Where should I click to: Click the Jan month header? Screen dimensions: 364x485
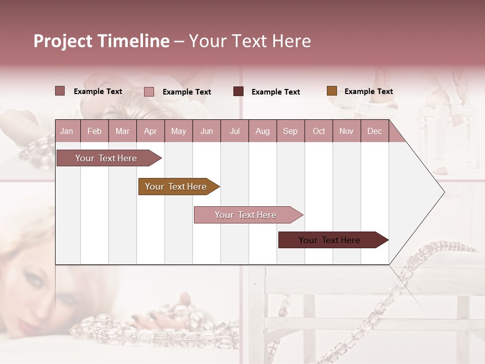point(67,131)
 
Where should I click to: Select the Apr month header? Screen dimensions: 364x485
point(150,131)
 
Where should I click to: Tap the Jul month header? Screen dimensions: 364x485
point(234,131)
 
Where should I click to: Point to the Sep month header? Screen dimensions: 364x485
point(290,131)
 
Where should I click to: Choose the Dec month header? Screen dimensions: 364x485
point(374,131)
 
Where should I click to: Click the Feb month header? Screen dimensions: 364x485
point(94,131)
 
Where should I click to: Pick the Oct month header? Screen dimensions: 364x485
point(319,131)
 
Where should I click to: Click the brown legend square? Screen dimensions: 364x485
point(332,91)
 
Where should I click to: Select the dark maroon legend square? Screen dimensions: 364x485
point(238,91)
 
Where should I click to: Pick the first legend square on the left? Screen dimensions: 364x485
point(60,91)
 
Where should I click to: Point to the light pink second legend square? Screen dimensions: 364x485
point(149,92)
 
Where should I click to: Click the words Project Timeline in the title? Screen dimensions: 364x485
point(102,41)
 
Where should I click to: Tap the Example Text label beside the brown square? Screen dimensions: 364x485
point(368,92)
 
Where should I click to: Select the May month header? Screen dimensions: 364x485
point(178,131)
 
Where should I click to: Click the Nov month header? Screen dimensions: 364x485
point(347,131)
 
